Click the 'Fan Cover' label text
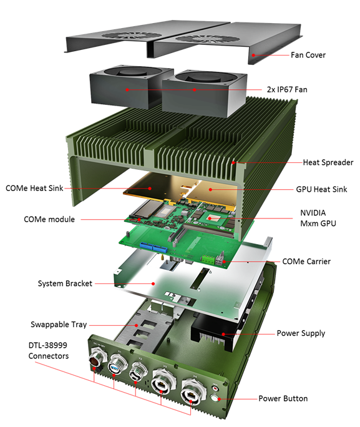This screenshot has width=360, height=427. [x=308, y=55]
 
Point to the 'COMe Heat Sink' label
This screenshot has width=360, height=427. [x=34, y=188]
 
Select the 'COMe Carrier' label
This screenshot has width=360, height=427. [x=306, y=261]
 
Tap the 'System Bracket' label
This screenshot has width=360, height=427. [x=64, y=283]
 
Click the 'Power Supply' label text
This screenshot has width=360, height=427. [x=301, y=333]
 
